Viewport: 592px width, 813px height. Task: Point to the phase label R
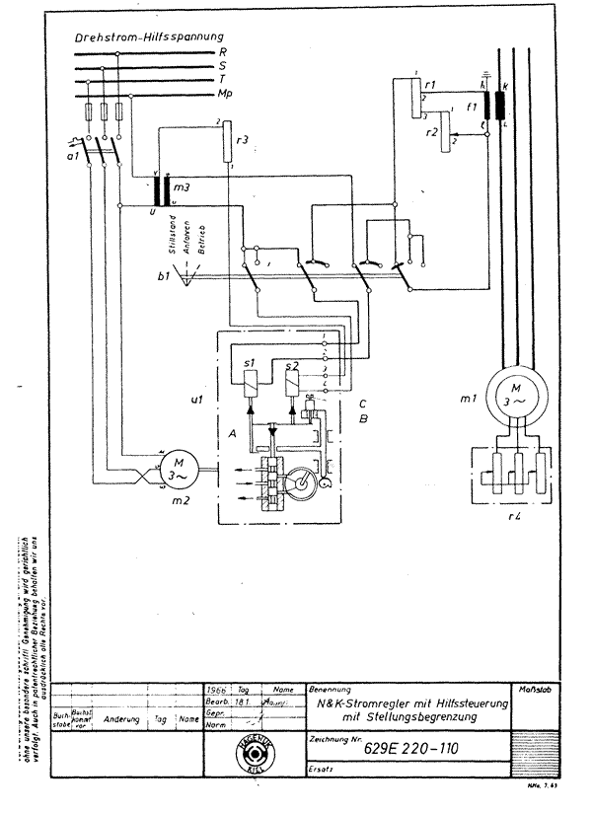coord(225,50)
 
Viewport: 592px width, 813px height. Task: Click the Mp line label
coord(228,94)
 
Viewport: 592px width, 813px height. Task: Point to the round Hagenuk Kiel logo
coord(257,756)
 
